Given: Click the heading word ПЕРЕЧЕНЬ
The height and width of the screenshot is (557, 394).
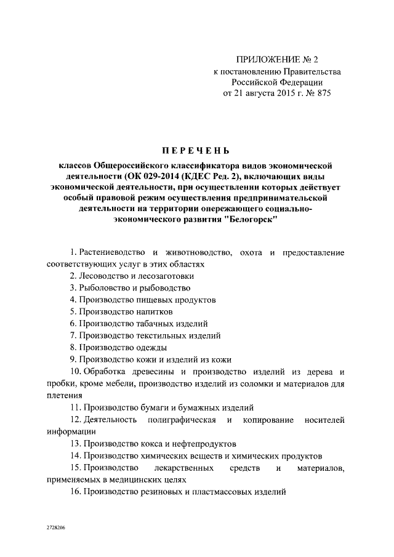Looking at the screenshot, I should [196, 150].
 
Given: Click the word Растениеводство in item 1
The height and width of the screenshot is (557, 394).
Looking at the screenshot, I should [112, 252].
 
